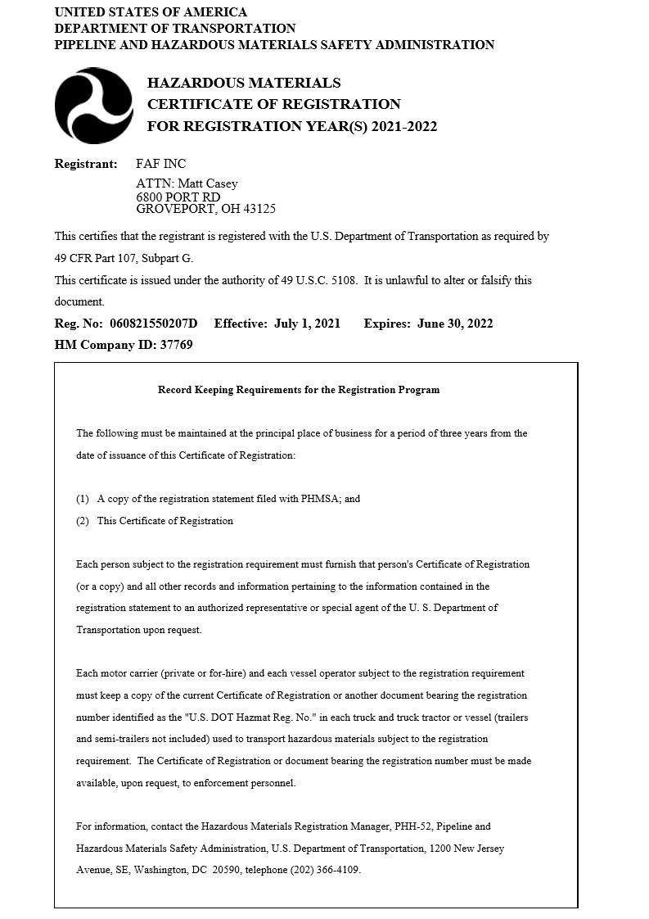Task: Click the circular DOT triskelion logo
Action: pyautogui.click(x=93, y=106)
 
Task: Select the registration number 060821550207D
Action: pyautogui.click(x=149, y=324)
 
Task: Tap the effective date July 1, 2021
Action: pyautogui.click(x=307, y=324)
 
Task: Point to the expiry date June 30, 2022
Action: pyautogui.click(x=455, y=324)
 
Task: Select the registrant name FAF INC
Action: pyautogui.click(x=160, y=164)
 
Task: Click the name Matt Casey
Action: pyautogui.click(x=207, y=183)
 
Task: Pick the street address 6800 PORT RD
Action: pyautogui.click(x=178, y=197)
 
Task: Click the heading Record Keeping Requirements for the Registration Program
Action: pyautogui.click(x=299, y=390)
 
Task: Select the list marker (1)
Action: pyautogui.click(x=83, y=499)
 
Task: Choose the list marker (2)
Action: pyautogui.click(x=83, y=521)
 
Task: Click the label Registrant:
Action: pyautogui.click(x=86, y=164)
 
